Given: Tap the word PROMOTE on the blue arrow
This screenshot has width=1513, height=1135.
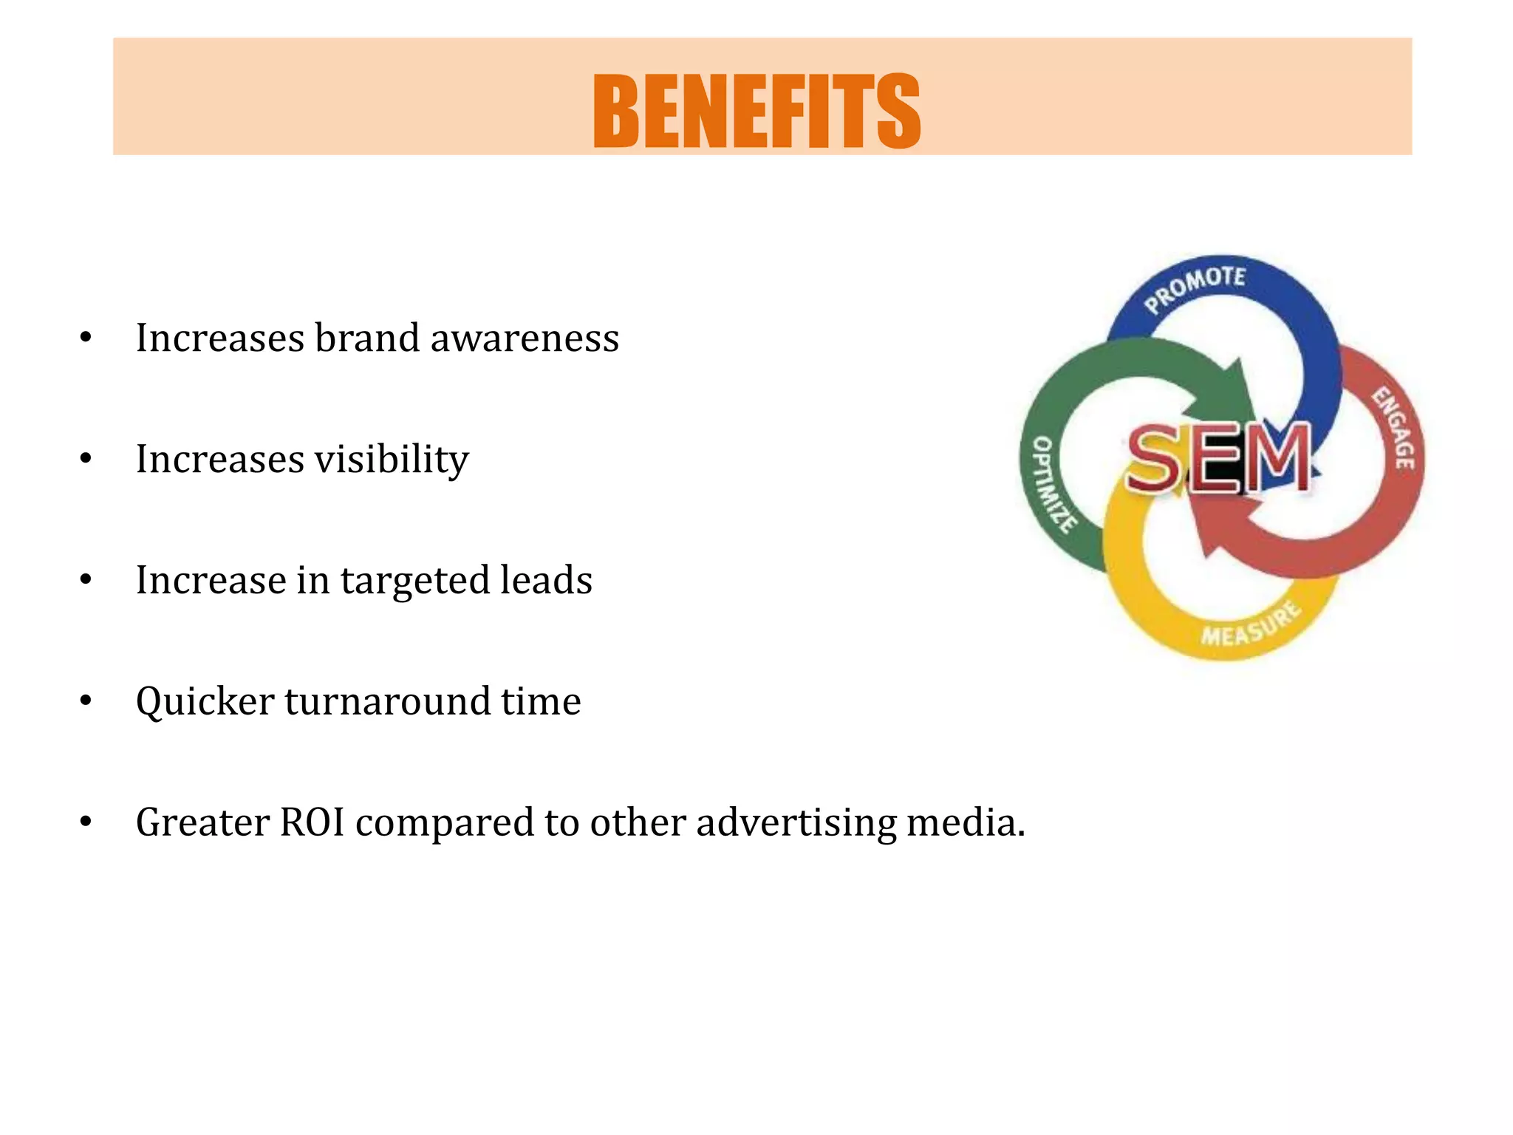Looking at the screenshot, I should click(x=1195, y=289).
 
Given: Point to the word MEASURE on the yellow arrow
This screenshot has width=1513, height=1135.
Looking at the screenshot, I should click(x=1250, y=625).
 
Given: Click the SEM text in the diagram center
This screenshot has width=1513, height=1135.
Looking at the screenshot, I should click(x=1219, y=458).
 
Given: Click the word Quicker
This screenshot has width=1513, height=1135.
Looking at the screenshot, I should click(x=205, y=701).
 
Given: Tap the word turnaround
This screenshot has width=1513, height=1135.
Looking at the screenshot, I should click(x=387, y=701).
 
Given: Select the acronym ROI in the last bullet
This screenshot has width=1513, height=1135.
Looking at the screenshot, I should click(x=312, y=822).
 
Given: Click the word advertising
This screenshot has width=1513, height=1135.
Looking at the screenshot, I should click(x=796, y=822).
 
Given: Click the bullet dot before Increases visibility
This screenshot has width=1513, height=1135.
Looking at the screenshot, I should click(x=86, y=460).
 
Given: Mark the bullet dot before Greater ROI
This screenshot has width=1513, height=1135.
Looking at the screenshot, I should click(x=86, y=822).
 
